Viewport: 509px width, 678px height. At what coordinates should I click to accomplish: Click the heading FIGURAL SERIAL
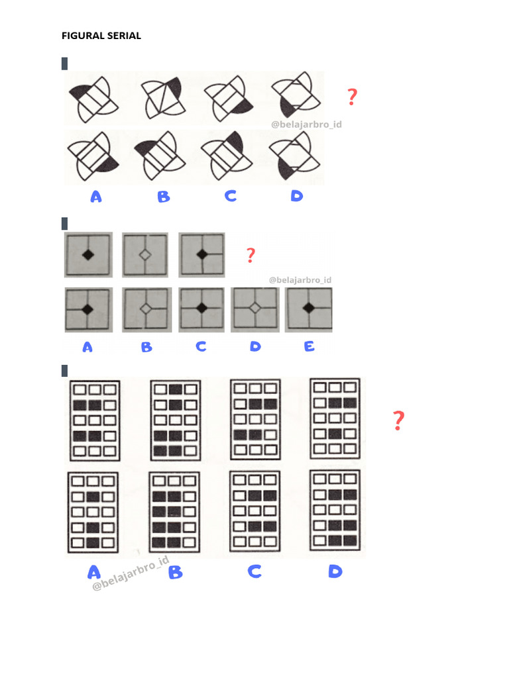pyautogui.click(x=101, y=36)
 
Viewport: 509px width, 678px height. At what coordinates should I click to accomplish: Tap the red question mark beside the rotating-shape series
pyautogui.click(x=353, y=97)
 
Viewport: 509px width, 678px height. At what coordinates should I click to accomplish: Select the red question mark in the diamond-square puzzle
pyautogui.click(x=251, y=255)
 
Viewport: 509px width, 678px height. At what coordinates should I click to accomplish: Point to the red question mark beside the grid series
pyautogui.click(x=398, y=420)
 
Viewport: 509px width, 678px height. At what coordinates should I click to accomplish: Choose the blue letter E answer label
pyautogui.click(x=309, y=346)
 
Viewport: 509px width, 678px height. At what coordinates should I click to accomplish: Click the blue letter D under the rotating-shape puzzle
pyautogui.click(x=296, y=196)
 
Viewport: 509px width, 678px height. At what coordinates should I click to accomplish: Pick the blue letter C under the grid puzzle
pyautogui.click(x=254, y=571)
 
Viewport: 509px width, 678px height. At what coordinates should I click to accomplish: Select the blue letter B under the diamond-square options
pyautogui.click(x=146, y=347)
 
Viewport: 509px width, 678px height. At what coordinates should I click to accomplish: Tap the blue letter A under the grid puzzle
pyautogui.click(x=94, y=572)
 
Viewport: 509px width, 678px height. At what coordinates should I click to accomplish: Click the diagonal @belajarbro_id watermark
pyautogui.click(x=131, y=573)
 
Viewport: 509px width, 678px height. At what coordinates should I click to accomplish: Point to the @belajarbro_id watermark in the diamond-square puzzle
pyautogui.click(x=300, y=280)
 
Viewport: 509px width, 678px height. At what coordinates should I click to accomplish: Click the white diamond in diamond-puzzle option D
pyautogui.click(x=255, y=308)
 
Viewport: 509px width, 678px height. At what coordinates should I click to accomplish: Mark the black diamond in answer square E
pyautogui.click(x=309, y=308)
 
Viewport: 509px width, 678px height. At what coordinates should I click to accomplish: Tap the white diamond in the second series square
pyautogui.click(x=145, y=255)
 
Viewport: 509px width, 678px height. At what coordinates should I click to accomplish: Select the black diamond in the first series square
pyautogui.click(x=88, y=255)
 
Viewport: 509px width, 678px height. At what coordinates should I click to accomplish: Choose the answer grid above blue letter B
pyautogui.click(x=174, y=512)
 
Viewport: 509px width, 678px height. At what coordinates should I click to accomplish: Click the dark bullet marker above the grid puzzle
pyautogui.click(x=64, y=371)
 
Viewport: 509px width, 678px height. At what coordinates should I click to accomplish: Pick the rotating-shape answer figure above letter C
pyautogui.click(x=227, y=156)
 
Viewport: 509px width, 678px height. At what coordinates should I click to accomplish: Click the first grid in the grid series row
pyautogui.click(x=95, y=420)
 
